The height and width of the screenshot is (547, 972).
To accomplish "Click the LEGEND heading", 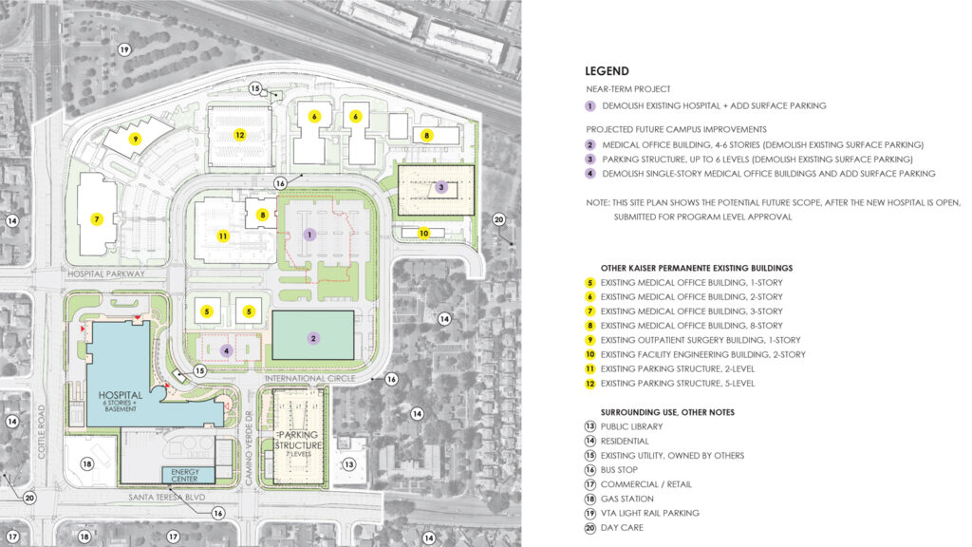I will pyautogui.click(x=607, y=71).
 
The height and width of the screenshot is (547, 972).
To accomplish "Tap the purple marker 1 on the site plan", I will pyautogui.click(x=308, y=233).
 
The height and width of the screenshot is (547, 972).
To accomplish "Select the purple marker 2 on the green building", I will pyautogui.click(x=313, y=337).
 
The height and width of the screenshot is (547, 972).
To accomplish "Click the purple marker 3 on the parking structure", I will pyautogui.click(x=440, y=188).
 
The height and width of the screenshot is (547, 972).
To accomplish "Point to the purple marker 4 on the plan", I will pyautogui.click(x=226, y=350).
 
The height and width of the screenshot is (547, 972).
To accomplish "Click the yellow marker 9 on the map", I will pyautogui.click(x=136, y=139).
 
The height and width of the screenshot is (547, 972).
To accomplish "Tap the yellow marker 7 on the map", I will pyautogui.click(x=96, y=219).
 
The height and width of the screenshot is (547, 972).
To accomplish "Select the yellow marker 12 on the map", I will pyautogui.click(x=240, y=136).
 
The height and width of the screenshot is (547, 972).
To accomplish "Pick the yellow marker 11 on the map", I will pyautogui.click(x=222, y=236).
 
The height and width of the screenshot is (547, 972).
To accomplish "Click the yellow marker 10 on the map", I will pyautogui.click(x=424, y=233).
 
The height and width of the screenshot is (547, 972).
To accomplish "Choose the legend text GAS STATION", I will pyautogui.click(x=627, y=499).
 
